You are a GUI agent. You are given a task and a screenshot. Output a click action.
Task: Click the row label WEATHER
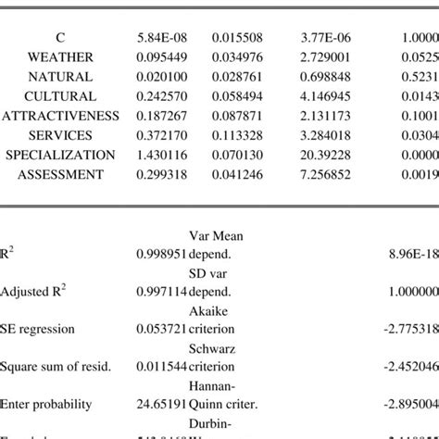(60, 56)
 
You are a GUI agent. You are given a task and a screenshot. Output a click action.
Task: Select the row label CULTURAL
(60, 95)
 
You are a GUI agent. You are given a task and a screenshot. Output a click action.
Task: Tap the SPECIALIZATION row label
(60, 154)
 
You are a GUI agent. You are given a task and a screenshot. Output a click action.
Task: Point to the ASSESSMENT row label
(60, 173)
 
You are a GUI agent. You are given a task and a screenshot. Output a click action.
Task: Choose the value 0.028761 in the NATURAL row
(236, 76)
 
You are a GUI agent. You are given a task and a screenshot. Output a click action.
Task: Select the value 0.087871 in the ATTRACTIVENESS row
(236, 115)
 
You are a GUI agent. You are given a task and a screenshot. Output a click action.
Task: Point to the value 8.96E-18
(416, 252)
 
